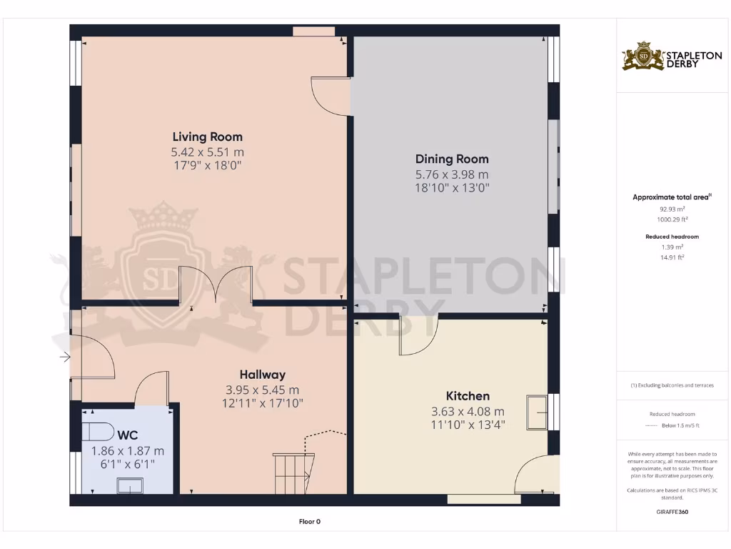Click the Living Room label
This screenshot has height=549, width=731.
pos(207,137)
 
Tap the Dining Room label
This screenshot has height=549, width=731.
pos(452,159)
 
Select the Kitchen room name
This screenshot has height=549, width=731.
pos(468,396)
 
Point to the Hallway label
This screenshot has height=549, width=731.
pos(262,375)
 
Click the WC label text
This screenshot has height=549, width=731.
pos(128,435)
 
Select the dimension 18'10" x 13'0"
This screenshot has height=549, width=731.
pos(452,189)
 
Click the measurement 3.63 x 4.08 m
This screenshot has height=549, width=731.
pos(468,411)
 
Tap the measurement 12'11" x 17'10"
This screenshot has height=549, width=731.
pos(262,403)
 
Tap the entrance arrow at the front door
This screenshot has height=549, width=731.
pos(65,357)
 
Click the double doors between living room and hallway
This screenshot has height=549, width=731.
pos(217,286)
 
